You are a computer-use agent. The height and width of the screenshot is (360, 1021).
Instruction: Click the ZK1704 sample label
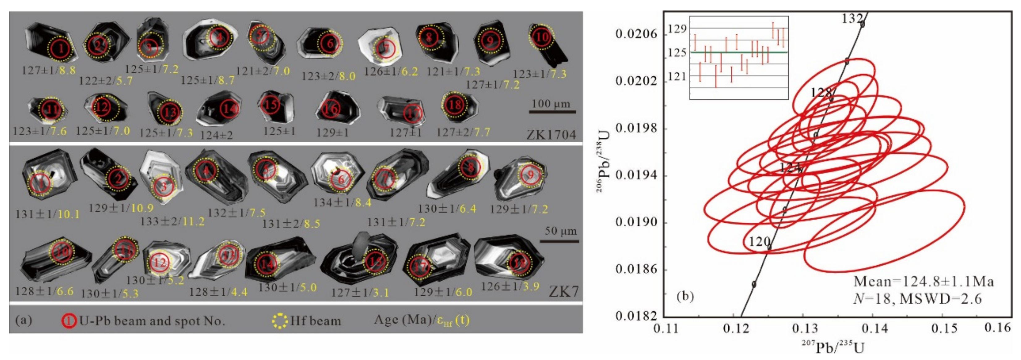click(551, 135)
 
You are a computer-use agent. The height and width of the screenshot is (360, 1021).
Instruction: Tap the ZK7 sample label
click(564, 292)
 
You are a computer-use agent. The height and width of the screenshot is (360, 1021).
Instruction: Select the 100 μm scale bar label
click(551, 104)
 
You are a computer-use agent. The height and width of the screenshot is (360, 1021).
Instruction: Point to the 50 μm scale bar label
click(561, 231)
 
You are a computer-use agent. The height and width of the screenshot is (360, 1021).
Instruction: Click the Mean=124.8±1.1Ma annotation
click(923, 281)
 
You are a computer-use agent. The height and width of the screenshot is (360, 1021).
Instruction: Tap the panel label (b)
click(685, 297)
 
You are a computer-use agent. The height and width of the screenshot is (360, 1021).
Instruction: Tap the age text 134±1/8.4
click(342, 203)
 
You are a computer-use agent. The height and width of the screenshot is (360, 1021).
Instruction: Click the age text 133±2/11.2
click(172, 221)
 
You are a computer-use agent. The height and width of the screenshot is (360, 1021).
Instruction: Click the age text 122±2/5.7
click(106, 81)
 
